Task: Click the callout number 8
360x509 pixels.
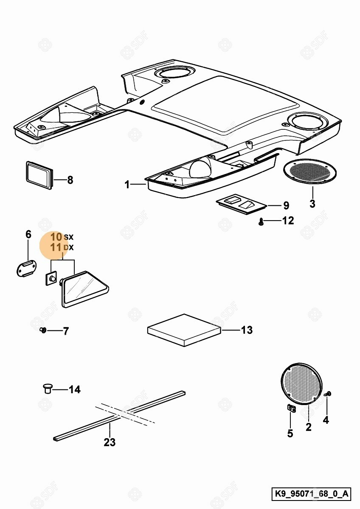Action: tap(70, 180)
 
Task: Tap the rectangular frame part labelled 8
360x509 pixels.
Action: tap(39, 173)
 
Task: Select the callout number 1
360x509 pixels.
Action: tap(127, 185)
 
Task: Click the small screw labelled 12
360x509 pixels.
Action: tap(262, 221)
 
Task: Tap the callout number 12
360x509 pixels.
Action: tap(288, 221)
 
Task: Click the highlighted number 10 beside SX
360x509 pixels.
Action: tap(56, 237)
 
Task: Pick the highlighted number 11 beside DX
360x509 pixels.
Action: tap(56, 247)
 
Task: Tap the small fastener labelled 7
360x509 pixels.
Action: tap(43, 330)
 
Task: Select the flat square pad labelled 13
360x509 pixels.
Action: tap(184, 330)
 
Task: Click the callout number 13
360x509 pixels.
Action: tap(247, 330)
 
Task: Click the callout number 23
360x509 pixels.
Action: tap(110, 442)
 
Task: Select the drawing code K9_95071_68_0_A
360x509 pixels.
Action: tap(311, 494)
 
